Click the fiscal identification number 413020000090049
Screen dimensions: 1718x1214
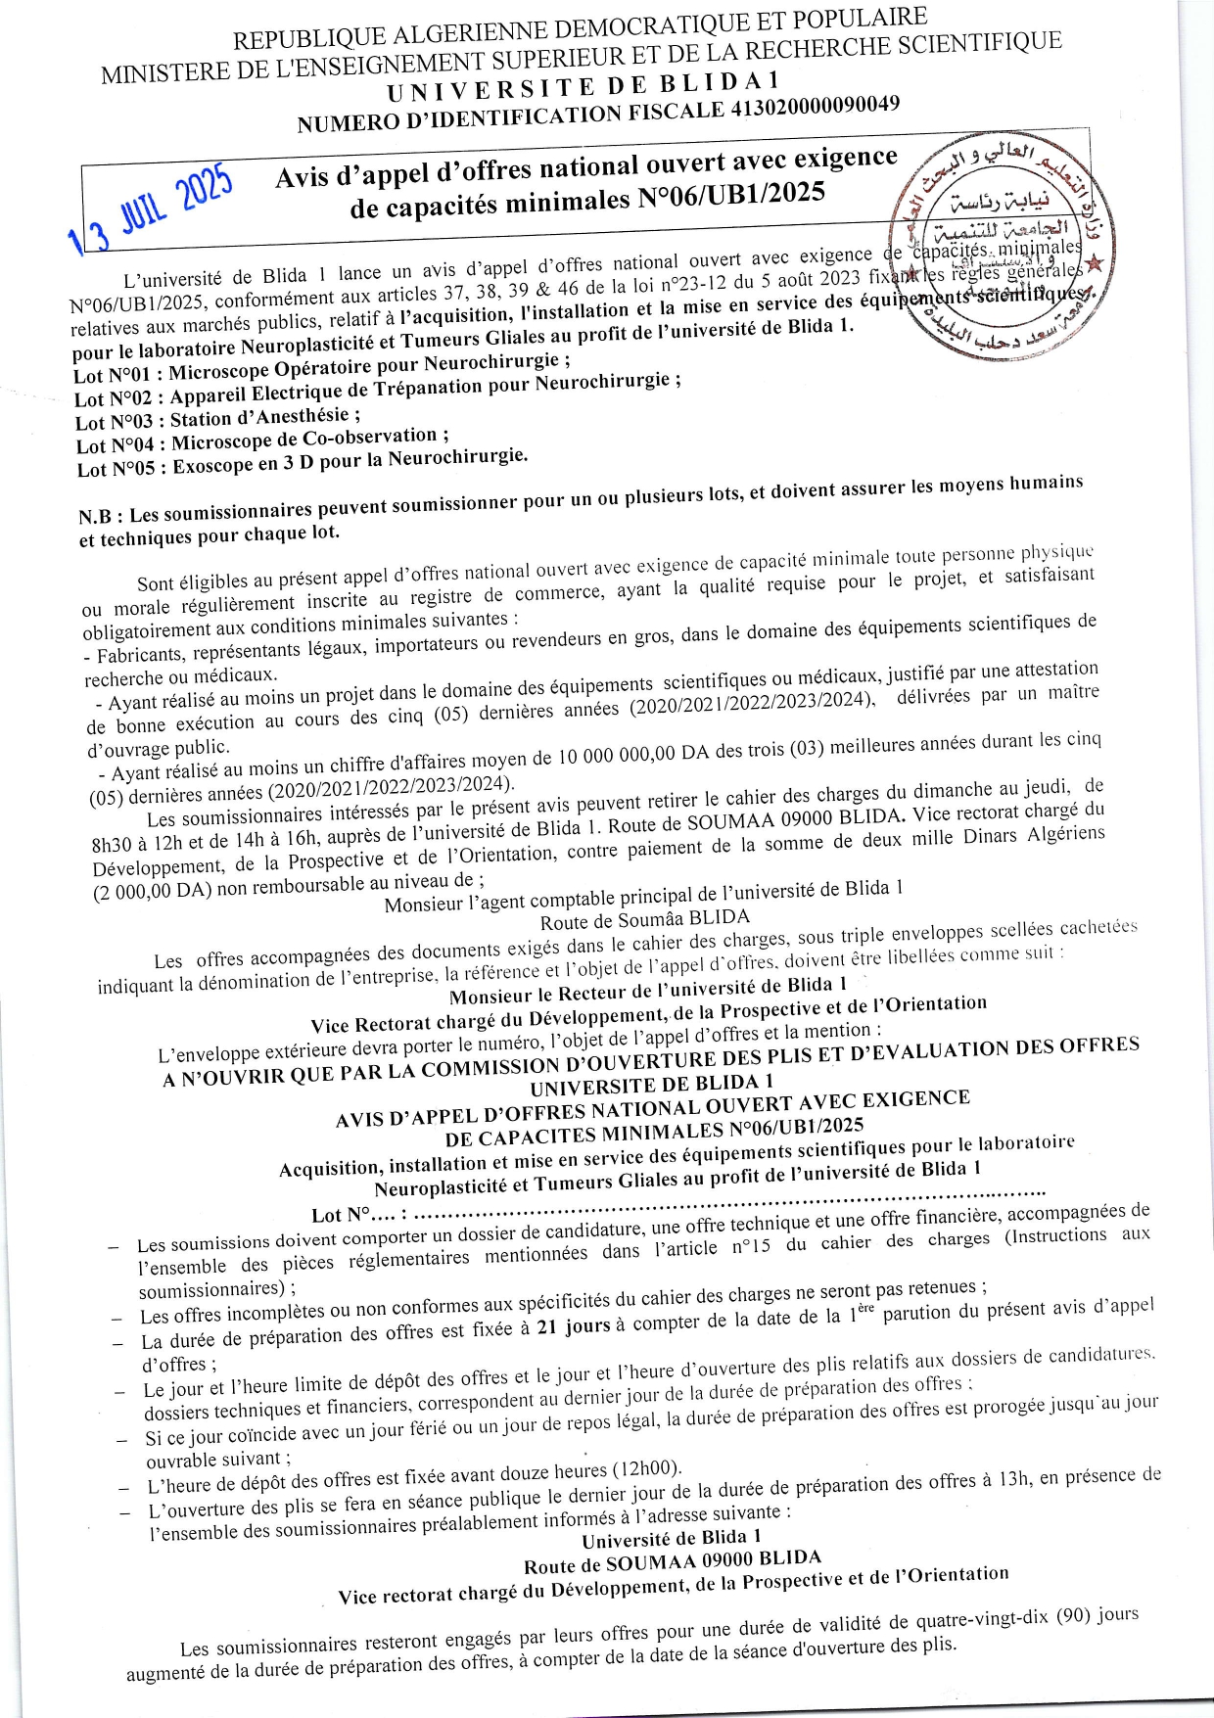click(815, 108)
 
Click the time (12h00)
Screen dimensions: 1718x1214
click(645, 1469)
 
